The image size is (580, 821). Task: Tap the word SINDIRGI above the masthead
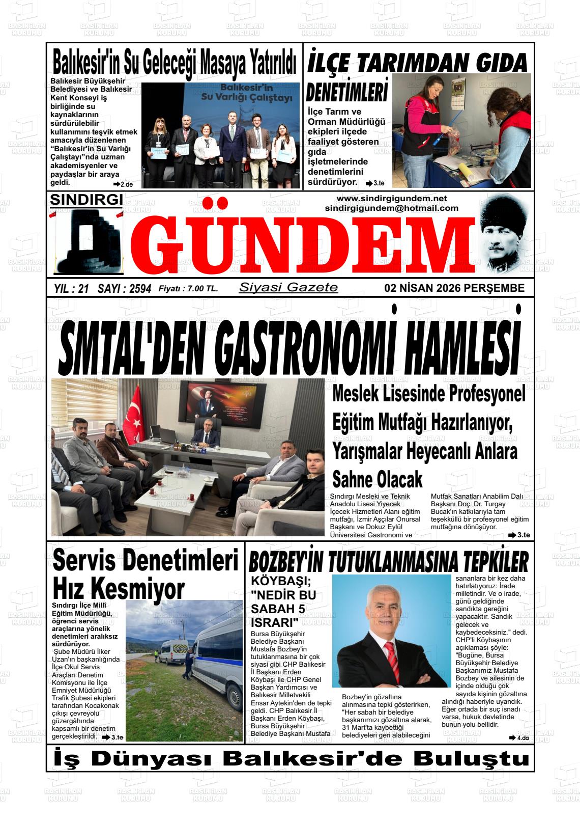86,200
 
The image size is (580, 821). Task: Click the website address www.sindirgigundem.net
391,198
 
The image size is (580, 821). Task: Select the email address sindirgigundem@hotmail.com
391,208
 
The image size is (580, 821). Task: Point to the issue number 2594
140,289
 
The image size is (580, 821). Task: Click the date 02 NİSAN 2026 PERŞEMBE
454,288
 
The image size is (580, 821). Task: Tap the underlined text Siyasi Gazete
288,287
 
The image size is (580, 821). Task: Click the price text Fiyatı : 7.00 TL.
188,289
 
